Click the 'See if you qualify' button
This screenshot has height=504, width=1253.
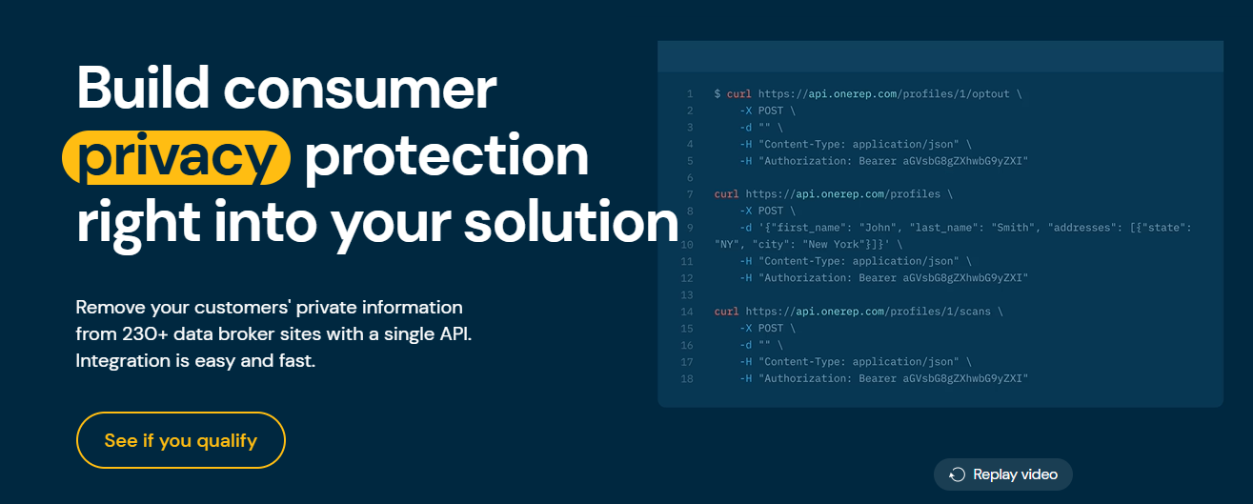(181, 440)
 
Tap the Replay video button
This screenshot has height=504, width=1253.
(1003, 474)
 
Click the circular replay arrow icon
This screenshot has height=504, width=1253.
(957, 474)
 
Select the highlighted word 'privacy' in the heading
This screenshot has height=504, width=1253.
(176, 157)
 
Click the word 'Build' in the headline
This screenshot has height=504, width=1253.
(143, 88)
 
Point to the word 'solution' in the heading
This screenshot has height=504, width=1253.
(571, 222)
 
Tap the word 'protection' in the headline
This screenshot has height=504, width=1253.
(446, 157)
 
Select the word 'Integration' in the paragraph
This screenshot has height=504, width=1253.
(123, 361)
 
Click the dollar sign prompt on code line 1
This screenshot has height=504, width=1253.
(717, 94)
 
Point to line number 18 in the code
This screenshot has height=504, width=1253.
(687, 378)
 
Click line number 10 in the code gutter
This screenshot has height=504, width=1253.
(687, 245)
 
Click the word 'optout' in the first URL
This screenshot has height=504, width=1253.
(991, 94)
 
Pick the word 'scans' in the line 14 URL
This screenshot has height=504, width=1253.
(975, 312)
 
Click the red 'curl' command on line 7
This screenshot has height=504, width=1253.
(726, 194)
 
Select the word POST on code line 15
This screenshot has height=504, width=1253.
(770, 329)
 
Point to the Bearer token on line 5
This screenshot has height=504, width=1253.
(965, 161)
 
